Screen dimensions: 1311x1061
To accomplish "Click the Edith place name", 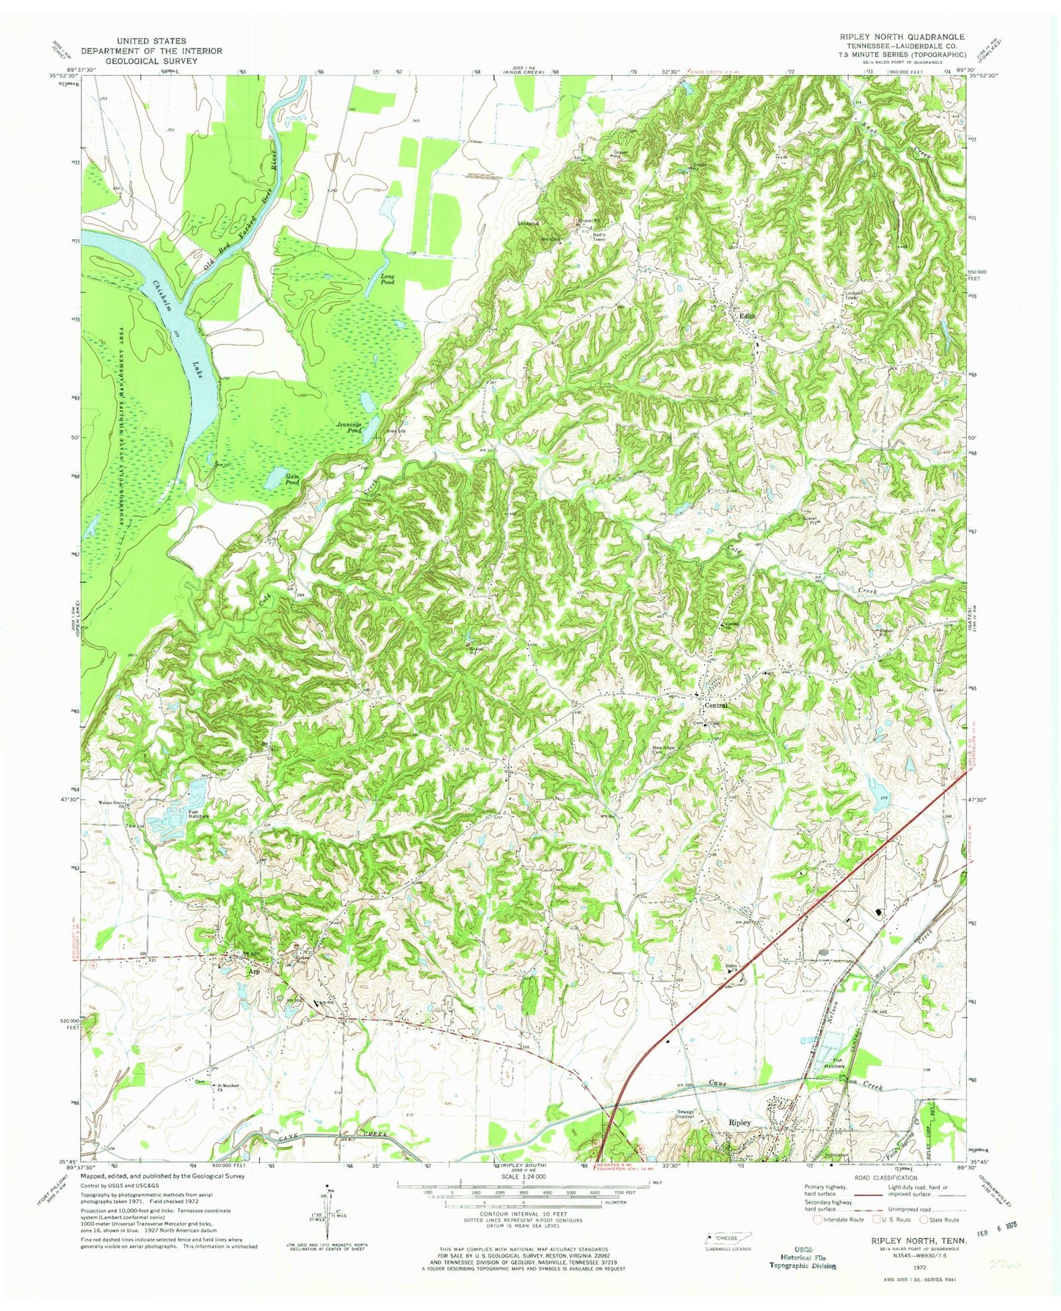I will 747,316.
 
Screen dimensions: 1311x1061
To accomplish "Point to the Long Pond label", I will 388,279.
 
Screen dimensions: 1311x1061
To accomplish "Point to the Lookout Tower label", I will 852,295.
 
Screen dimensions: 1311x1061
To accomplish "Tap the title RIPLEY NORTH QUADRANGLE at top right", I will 906,36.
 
